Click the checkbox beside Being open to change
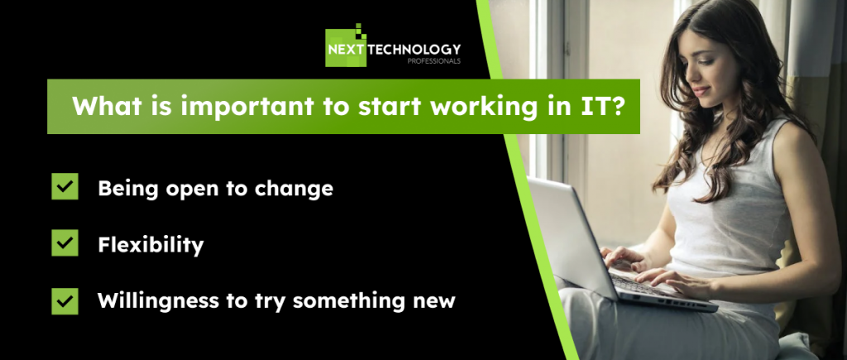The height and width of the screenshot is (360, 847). click(65, 186)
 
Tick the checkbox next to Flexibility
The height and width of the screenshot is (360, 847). click(65, 242)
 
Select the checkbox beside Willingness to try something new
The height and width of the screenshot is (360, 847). click(65, 301)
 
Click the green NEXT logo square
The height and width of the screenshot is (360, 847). click(346, 47)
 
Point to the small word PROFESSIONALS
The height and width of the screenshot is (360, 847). click(434, 61)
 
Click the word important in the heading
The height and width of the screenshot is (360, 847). click(246, 107)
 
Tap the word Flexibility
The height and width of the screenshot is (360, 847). click(151, 246)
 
